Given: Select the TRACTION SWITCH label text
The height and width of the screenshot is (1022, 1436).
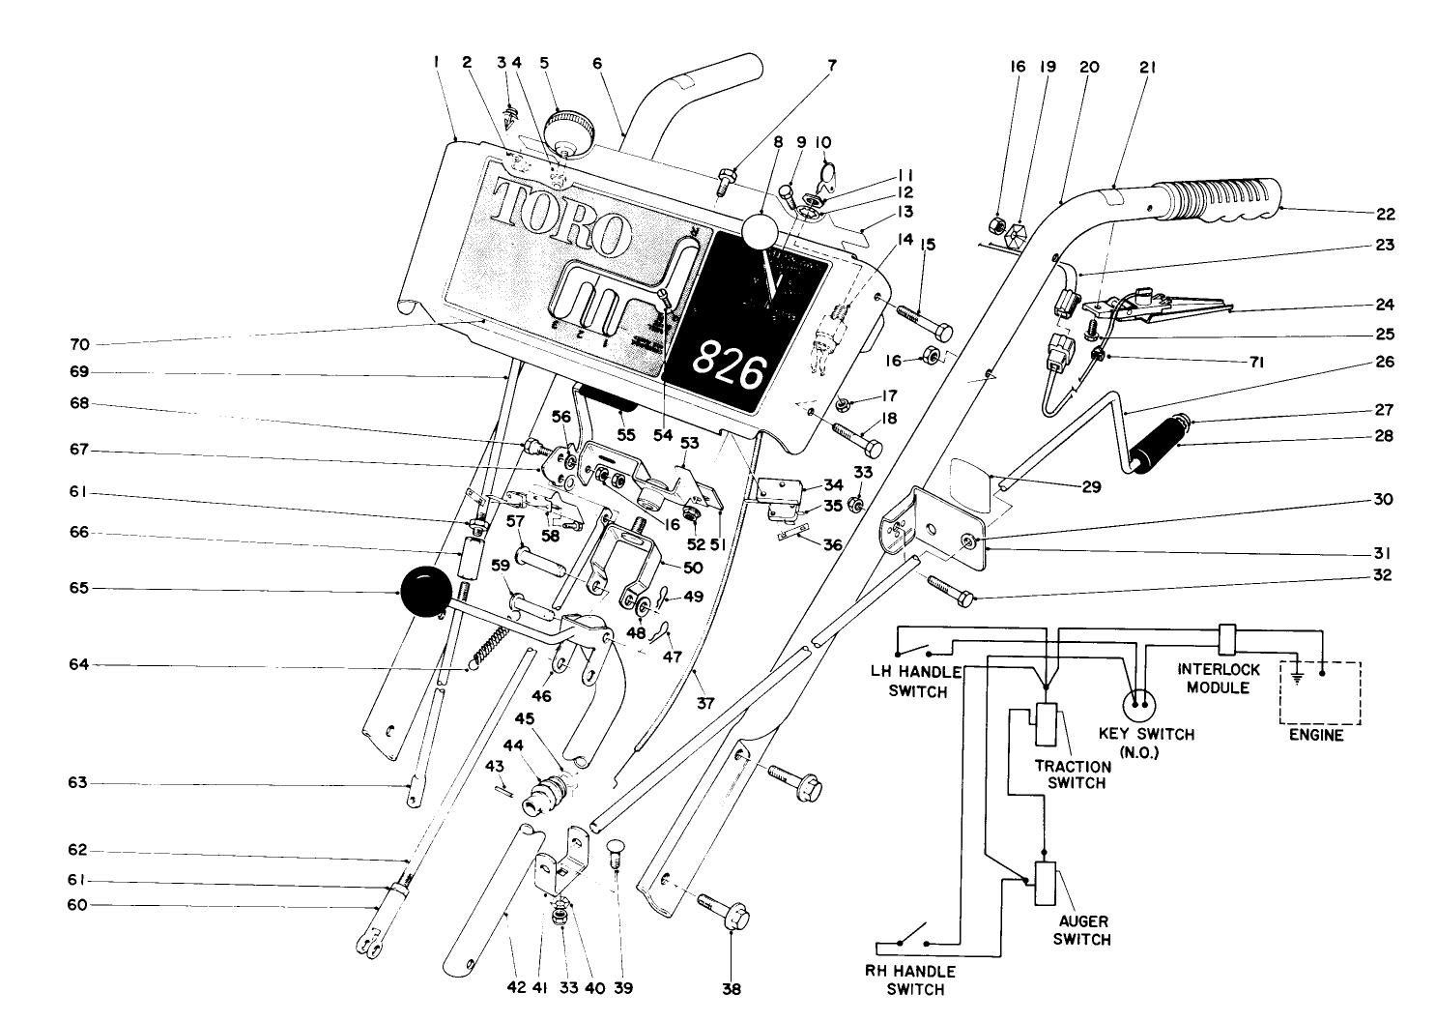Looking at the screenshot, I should (1073, 774).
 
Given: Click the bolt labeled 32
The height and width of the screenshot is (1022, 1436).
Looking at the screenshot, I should (952, 591).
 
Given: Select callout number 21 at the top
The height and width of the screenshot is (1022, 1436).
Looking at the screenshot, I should (1148, 68).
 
